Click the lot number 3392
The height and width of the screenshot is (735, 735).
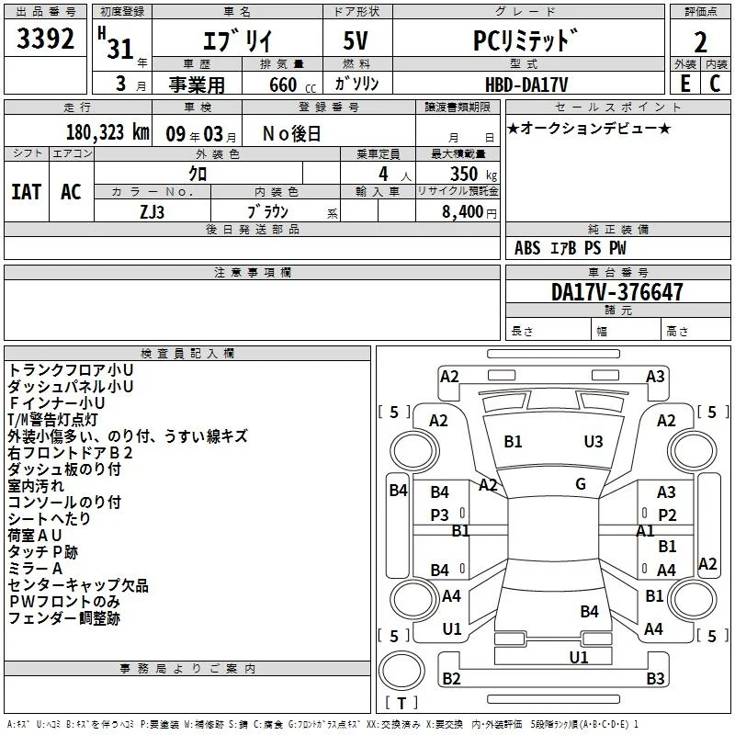[45, 39]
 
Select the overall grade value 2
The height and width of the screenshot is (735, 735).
[700, 42]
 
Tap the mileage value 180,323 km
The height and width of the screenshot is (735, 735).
[107, 132]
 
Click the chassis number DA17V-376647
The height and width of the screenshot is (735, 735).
[616, 292]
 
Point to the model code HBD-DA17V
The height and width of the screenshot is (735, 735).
[526, 85]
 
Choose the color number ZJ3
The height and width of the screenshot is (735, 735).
[152, 212]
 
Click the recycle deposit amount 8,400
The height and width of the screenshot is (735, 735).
[462, 211]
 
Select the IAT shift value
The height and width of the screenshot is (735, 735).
[27, 192]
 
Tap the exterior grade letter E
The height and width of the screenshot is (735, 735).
[685, 84]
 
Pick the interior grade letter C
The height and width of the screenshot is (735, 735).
[715, 84]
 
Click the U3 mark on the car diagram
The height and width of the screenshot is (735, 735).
[594, 442]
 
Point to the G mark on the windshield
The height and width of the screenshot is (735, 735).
[581, 484]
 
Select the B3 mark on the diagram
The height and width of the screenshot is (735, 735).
[655, 678]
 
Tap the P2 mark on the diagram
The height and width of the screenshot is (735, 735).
[667, 515]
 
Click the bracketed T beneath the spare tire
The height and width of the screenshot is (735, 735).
[401, 703]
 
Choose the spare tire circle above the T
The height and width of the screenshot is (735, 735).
[401, 671]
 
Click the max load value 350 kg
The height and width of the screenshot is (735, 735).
[473, 174]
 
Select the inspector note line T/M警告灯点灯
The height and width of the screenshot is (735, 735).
[52, 420]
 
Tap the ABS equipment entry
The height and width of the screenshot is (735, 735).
[527, 248]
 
